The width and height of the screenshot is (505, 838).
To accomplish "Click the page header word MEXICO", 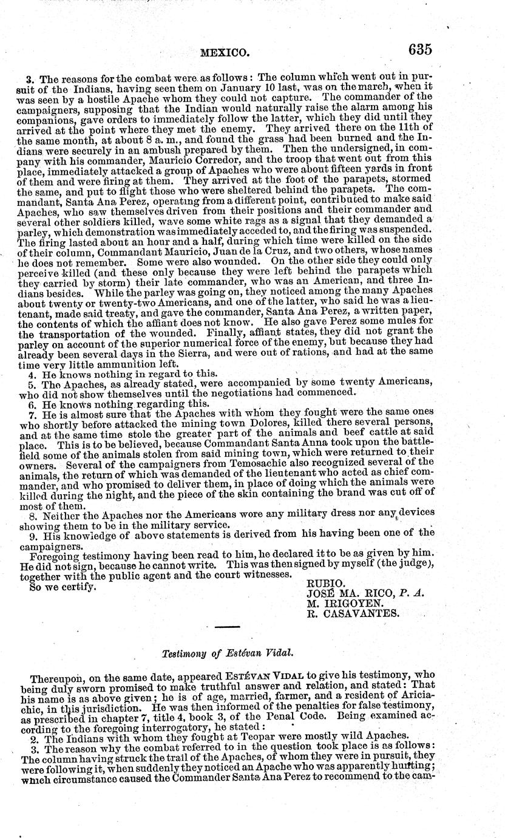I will click(x=225, y=53).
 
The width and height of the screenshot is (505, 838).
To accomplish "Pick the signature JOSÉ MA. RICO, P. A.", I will click(x=366, y=593).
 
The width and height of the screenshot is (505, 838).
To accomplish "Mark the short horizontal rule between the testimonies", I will click(x=228, y=627).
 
